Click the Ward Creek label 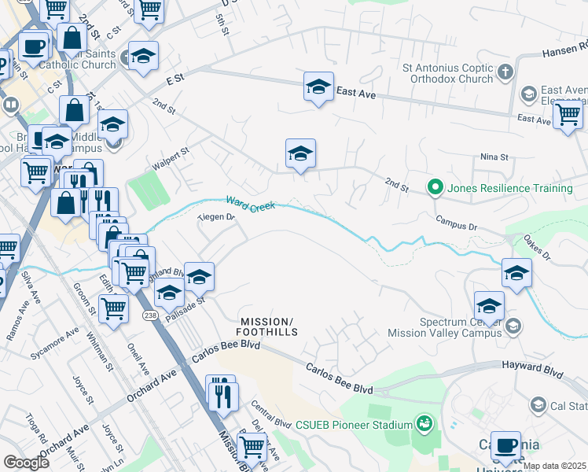click(250, 205)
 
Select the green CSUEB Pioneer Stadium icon click(424, 424)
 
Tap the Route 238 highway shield click(149, 315)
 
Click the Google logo click(26, 462)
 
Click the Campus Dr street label click(456, 226)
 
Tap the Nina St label click(495, 157)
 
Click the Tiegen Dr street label click(216, 216)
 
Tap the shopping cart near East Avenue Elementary click(567, 114)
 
